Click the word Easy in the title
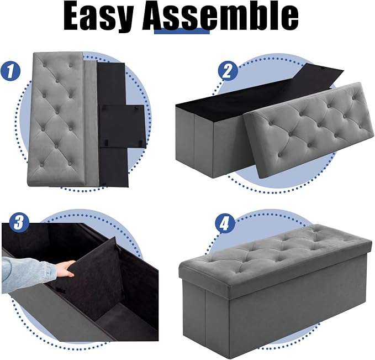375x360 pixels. point(98,17)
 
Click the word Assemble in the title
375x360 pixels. point(220,16)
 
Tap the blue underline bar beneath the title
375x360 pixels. point(182,31)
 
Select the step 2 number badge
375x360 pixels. point(228,71)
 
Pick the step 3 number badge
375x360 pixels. point(19,222)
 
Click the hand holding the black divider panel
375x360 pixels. point(65,269)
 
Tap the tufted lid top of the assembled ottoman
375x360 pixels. point(275,254)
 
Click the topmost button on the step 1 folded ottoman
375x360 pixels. point(45,65)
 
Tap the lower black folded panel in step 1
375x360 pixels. point(114,166)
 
